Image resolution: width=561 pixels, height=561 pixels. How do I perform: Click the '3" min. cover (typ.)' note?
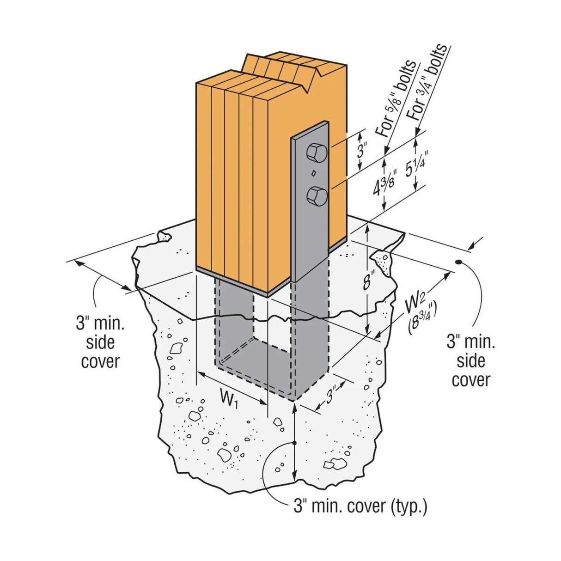[360, 507]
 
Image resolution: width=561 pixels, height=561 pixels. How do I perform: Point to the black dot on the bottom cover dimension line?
[294, 443]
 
